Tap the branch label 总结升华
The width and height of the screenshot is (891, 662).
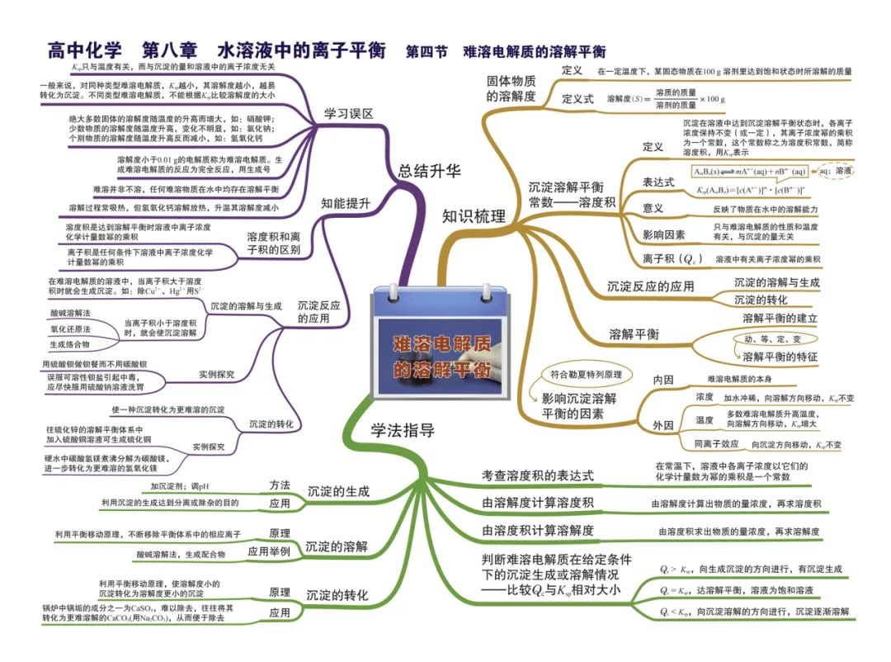[x=429, y=171]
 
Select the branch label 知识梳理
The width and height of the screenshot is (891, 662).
[x=474, y=216]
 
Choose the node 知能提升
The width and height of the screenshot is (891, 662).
[x=345, y=202]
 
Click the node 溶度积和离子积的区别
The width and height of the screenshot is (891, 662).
[x=273, y=243]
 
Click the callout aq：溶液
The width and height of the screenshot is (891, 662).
[x=836, y=170]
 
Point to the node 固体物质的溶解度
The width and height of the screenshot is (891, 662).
[x=511, y=88]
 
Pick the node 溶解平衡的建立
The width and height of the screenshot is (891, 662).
[x=780, y=318]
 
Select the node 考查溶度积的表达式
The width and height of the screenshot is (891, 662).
[x=537, y=475]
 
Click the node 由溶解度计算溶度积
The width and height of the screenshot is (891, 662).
[x=537, y=503]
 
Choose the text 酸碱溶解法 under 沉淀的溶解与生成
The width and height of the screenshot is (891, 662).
[x=70, y=313]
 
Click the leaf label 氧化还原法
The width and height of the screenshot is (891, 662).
[x=70, y=329]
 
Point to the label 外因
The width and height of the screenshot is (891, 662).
[x=662, y=425]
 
